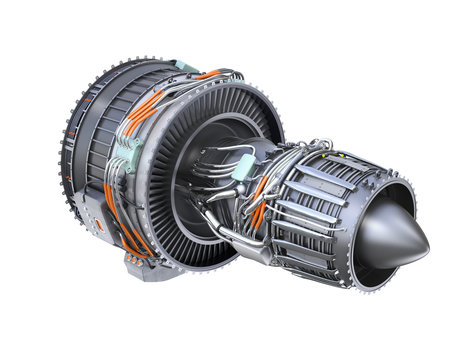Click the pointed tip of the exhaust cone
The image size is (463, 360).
tap(427, 237)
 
